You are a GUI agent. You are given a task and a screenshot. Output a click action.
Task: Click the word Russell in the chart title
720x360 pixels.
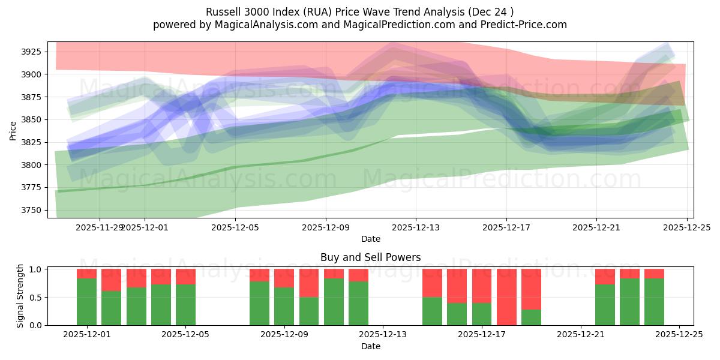click(x=221, y=12)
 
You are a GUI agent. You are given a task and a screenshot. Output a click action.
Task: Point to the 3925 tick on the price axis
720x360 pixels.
click(x=31, y=52)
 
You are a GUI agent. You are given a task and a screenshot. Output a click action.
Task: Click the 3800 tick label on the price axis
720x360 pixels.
click(x=31, y=165)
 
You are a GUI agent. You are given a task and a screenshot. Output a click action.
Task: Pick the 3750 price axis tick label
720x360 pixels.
click(x=31, y=210)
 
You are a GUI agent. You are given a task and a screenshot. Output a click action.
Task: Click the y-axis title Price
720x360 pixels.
click(x=13, y=130)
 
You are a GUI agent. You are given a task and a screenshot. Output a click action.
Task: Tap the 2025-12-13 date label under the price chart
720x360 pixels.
click(x=416, y=227)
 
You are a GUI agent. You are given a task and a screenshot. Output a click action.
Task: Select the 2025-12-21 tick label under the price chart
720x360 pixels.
click(x=596, y=227)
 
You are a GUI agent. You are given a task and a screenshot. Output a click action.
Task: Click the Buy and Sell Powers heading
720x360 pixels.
click(x=370, y=257)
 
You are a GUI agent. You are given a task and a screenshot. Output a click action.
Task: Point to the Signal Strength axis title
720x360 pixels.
click(x=20, y=295)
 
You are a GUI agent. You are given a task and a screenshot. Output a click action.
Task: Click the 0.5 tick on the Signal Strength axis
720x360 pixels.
click(x=37, y=297)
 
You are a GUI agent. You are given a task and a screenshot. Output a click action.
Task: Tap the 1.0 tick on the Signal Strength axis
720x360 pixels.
click(x=37, y=269)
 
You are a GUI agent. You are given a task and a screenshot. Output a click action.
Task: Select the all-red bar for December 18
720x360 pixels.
click(x=506, y=297)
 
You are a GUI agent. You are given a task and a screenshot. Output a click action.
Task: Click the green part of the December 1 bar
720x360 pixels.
click(x=87, y=302)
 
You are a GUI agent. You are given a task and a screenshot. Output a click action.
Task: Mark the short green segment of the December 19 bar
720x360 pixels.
click(x=531, y=317)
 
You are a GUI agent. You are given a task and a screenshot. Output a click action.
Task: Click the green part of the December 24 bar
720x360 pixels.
click(x=654, y=302)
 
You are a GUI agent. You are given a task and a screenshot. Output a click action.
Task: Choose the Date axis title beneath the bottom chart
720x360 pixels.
click(x=370, y=346)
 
